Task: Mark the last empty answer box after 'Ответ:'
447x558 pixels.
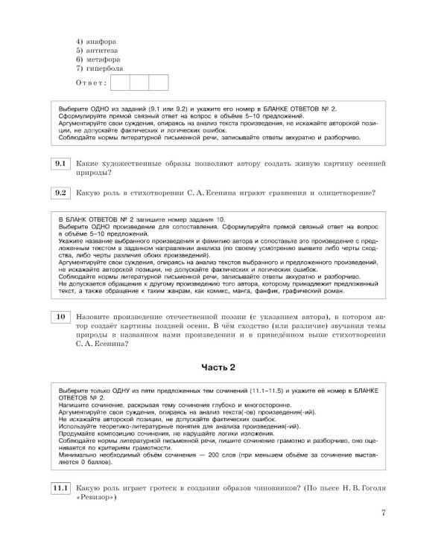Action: coord(158,82)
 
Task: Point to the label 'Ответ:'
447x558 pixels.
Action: coord(90,82)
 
